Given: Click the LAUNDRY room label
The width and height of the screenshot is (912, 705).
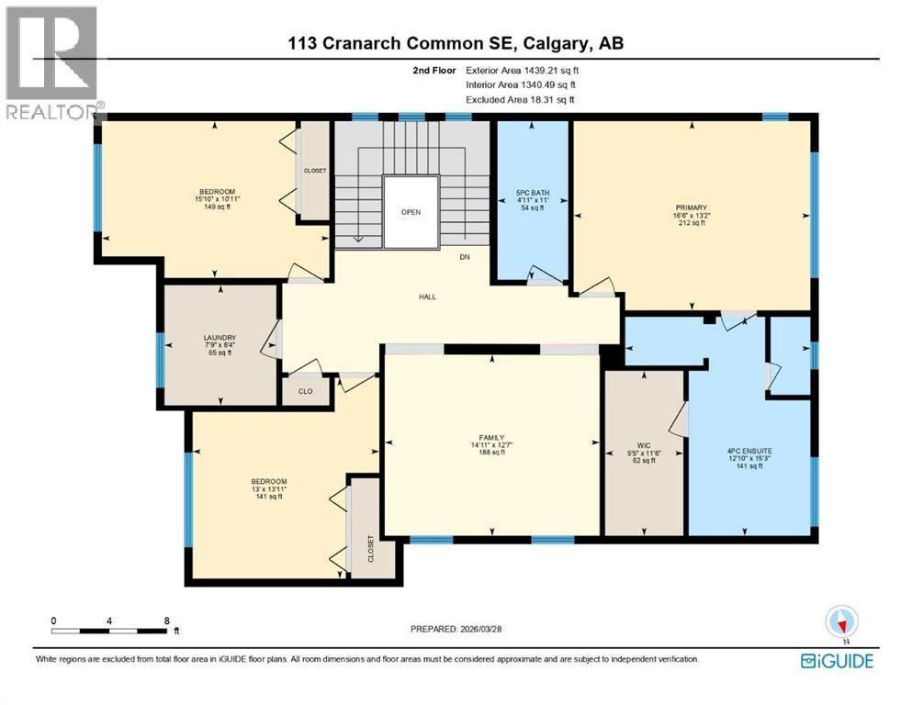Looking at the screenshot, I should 219,337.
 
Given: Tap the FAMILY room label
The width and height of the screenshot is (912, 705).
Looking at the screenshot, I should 492,437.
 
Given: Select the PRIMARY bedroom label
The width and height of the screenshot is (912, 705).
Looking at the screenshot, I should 692,207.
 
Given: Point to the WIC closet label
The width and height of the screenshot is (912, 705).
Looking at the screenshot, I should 644,444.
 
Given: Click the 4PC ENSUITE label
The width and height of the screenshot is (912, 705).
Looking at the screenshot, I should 749,451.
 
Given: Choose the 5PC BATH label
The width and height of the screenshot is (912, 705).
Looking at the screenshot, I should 533,193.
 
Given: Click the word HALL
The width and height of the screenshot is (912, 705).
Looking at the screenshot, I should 427,297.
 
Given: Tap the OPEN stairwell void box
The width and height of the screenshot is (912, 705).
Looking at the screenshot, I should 410,212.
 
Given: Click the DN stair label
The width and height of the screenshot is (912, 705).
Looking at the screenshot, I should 465,257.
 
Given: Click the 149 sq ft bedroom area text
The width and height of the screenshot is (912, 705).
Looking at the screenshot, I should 215,207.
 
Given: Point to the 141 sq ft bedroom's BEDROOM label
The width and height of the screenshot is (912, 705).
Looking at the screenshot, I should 269,482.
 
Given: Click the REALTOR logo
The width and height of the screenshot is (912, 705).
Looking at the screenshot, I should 51,64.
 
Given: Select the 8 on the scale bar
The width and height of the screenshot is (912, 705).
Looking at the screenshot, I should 166,621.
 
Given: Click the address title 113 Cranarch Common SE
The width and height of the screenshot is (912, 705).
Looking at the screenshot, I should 402,43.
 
